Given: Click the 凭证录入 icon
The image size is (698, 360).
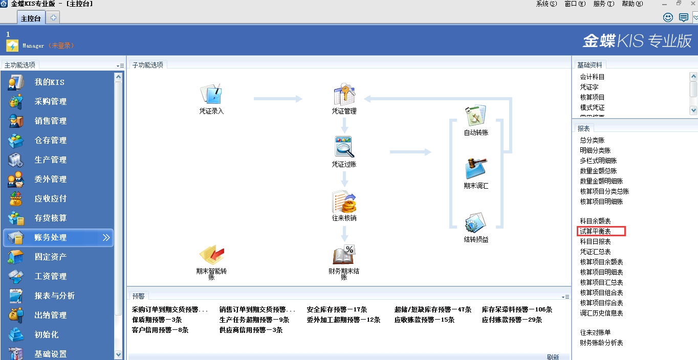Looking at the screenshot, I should (211, 95).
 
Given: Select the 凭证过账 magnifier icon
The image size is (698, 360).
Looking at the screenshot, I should (344, 147).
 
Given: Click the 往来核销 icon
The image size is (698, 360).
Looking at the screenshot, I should (344, 202).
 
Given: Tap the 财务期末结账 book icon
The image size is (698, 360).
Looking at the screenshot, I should (344, 255).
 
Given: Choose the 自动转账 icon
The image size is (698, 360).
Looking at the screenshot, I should (476, 116).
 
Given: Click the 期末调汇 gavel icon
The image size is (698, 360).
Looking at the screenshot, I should (476, 169).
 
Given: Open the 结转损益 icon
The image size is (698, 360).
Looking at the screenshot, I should (476, 223).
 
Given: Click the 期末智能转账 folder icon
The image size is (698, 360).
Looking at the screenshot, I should (211, 255).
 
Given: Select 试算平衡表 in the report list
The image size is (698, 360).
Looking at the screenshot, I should (595, 232).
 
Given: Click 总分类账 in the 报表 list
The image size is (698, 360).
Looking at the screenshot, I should (592, 140).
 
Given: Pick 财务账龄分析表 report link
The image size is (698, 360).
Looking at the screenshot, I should (601, 343).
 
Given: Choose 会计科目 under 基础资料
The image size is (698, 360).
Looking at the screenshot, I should (592, 77).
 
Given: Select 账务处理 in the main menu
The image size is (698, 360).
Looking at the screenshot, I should (51, 238).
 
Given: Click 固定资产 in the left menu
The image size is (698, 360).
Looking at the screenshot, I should (51, 257).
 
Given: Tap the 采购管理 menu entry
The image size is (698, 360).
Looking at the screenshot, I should (51, 102).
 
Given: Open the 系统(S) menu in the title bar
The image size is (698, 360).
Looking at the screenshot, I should (546, 4).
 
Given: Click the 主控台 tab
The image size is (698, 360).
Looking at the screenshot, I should (31, 18).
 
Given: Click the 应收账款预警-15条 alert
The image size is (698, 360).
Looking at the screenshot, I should (424, 320).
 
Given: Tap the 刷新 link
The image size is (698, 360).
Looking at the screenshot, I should (553, 357).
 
